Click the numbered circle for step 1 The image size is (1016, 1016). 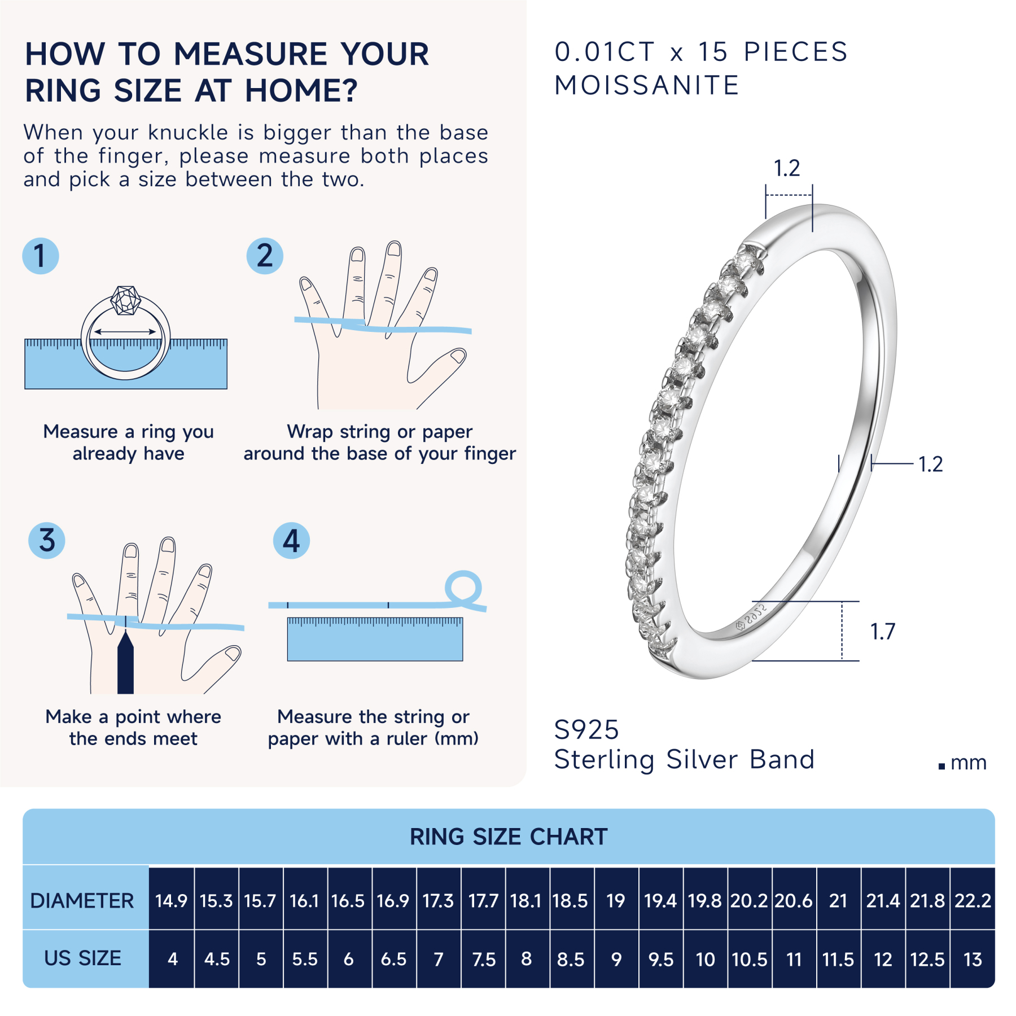[x=40, y=256]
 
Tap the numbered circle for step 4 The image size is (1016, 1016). [x=291, y=540]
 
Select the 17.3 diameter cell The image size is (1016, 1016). [x=438, y=900]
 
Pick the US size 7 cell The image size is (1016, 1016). [x=438, y=959]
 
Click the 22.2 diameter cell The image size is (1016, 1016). [x=973, y=900]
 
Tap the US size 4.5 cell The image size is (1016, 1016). [x=217, y=959]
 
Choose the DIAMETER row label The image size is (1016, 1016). [x=82, y=900]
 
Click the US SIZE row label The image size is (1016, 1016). [x=82, y=958]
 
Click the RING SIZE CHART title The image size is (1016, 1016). [x=508, y=837]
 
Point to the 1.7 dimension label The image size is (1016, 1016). [x=882, y=632]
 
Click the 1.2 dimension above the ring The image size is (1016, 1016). [x=786, y=168]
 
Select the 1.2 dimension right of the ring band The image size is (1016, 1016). [x=930, y=464]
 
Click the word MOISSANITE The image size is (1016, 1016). [x=646, y=86]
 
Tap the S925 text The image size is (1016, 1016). [x=586, y=730]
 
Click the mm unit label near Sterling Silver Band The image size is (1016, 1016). [x=968, y=763]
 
